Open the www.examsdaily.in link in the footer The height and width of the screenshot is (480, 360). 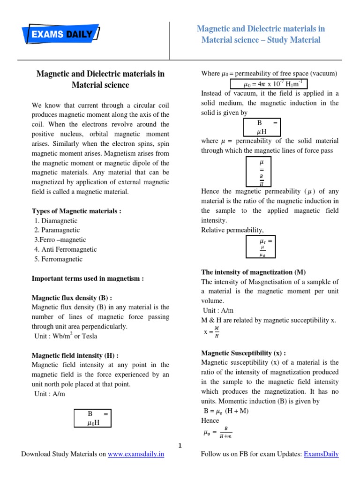pyautogui.click(x=136, y=454)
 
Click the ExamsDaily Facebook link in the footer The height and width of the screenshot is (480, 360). pyautogui.click(x=321, y=454)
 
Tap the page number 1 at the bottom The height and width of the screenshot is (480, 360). pyautogui.click(x=180, y=445)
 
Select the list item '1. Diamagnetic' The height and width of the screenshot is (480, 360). pyautogui.click(x=56, y=221)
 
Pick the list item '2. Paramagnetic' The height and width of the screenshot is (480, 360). pyautogui.click(x=57, y=230)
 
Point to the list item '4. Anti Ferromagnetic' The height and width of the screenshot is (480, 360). pyautogui.click(x=65, y=249)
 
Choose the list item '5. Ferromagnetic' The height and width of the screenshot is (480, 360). pyautogui.click(x=58, y=259)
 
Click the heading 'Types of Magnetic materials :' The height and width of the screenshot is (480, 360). pyautogui.click(x=76, y=211)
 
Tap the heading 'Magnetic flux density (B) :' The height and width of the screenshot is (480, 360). pyautogui.click(x=72, y=298)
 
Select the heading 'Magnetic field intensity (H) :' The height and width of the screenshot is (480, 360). pyautogui.click(x=75, y=355)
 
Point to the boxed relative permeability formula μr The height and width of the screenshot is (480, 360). pyautogui.click(x=261, y=247)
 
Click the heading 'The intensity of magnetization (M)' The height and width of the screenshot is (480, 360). pyautogui.click(x=253, y=272)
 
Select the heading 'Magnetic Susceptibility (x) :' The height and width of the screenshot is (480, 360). pyautogui.click(x=244, y=353)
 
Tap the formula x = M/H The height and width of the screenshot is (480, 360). pyautogui.click(x=211, y=332)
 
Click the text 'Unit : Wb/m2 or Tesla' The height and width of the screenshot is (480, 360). pyautogui.click(x=66, y=336)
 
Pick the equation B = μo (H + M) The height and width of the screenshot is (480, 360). pyautogui.click(x=223, y=411)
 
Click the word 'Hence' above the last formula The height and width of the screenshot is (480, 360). pyautogui.click(x=210, y=421)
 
